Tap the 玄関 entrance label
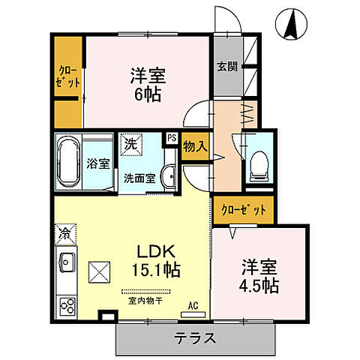pyautogui.click(x=227, y=65)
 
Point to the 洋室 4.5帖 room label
pyautogui.click(x=259, y=276)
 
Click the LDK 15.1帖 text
pyautogui.click(x=155, y=259)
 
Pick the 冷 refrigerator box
pyautogui.click(x=64, y=234)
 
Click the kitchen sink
pyautogui.click(x=64, y=265)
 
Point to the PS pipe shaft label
pyautogui.click(x=172, y=138)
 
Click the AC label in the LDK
pyautogui.click(x=193, y=305)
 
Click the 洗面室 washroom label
pyautogui.click(x=140, y=178)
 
